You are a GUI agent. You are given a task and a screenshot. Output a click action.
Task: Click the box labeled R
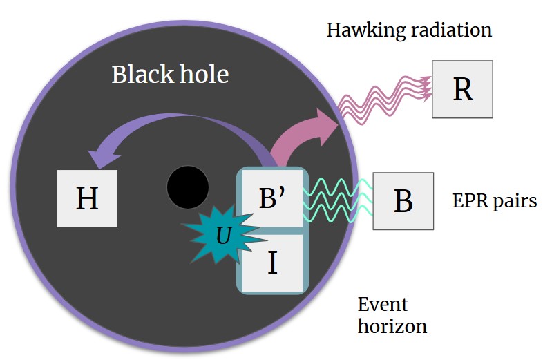click(462, 89)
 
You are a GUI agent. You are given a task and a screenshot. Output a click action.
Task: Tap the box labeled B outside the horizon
click(403, 201)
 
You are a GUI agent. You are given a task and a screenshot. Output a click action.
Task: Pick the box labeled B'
click(271, 198)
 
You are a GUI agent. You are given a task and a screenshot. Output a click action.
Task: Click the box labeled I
click(271, 263)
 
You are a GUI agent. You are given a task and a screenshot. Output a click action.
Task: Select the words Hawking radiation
click(409, 30)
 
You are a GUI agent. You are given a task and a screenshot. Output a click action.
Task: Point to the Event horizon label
click(392, 314)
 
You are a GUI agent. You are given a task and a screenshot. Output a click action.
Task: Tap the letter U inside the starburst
click(222, 236)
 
